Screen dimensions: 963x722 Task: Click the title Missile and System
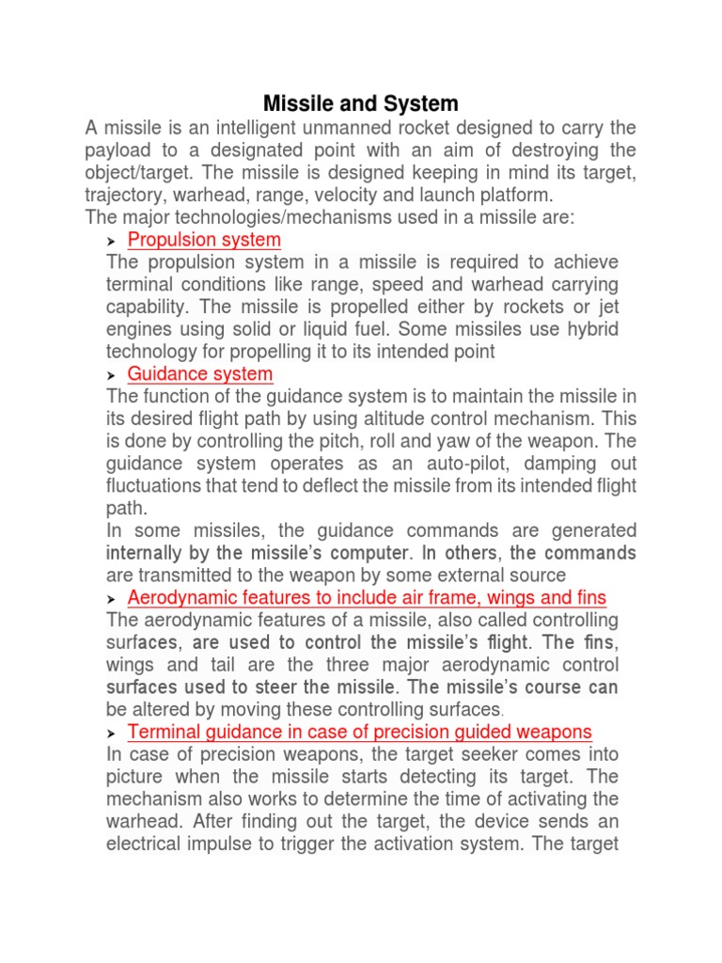pyautogui.click(x=360, y=103)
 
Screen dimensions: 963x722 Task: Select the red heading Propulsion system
pyautogui.click(x=204, y=240)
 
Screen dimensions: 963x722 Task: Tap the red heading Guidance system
pyautogui.click(x=200, y=374)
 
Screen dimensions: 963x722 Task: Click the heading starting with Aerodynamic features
pyautogui.click(x=367, y=598)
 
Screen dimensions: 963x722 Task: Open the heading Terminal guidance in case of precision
pyautogui.click(x=359, y=732)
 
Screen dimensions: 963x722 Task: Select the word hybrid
pyautogui.click(x=594, y=329)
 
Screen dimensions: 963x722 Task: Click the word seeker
pyautogui.click(x=498, y=754)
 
